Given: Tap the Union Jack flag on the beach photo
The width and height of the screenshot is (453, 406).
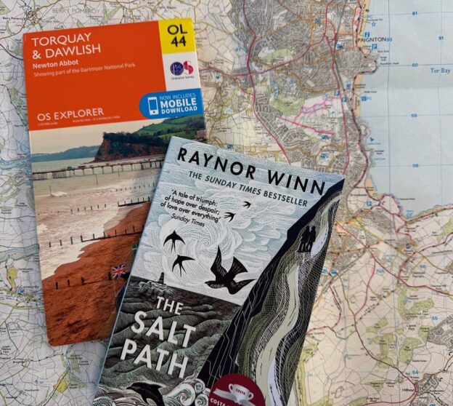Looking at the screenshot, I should point(118,271).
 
